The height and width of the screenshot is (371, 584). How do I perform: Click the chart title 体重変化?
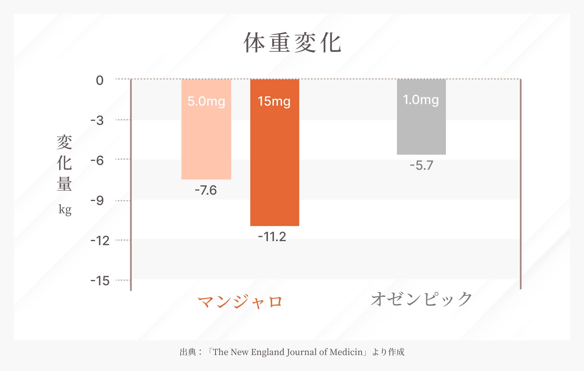pos(293,43)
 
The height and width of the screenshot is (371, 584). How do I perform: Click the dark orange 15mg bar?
pos(274,164)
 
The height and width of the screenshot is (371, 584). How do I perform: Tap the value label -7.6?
pos(206,190)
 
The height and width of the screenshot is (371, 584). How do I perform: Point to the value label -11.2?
pos(272,237)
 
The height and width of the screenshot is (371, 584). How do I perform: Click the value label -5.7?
pos(421,165)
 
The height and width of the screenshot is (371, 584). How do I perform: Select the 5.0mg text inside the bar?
pos(206,101)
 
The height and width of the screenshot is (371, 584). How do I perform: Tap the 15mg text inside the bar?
pos(274,101)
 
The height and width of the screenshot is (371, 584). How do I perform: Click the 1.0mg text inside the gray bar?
pos(421,100)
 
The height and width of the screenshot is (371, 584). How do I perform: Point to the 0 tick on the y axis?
pos(100,81)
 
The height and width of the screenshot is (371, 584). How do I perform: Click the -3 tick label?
pos(97,121)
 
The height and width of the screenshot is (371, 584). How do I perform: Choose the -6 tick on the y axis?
pos(97,161)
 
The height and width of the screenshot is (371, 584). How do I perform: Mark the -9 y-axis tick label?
pos(97,201)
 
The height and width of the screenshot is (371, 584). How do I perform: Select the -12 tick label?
pos(100,241)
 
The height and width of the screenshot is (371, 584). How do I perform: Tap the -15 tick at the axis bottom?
pos(100,281)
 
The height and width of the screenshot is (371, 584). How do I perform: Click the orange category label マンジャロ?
pos(240,302)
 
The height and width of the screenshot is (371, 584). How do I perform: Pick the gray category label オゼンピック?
pos(421,299)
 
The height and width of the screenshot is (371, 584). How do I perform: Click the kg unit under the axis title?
pos(65,209)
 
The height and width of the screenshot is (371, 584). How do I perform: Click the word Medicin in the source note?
pos(346,352)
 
